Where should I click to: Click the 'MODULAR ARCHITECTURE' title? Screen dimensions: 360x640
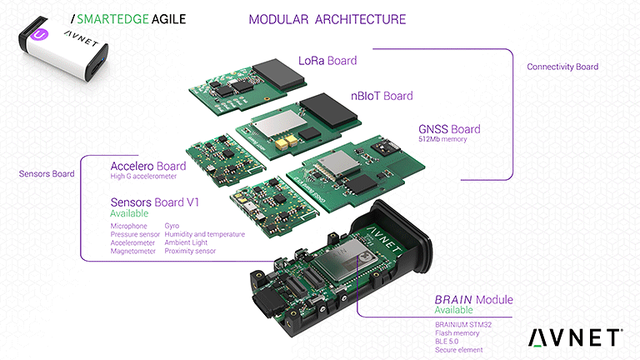pos(327,18)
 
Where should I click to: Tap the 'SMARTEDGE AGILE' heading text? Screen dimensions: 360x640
pos(133,17)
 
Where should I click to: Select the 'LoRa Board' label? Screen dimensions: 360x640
pos(327,61)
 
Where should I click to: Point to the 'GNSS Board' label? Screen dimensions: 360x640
pos(449,129)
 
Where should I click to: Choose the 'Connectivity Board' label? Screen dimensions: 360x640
pos(562,67)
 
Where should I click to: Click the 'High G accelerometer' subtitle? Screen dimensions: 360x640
pos(149,176)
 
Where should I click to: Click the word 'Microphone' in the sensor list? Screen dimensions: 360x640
pos(128,226)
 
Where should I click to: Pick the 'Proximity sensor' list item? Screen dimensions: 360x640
pos(190,251)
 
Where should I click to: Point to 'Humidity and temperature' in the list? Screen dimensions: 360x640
pos(205,234)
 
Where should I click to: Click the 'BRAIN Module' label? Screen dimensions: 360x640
pos(473,300)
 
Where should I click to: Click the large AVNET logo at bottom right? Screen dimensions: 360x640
pos(574,337)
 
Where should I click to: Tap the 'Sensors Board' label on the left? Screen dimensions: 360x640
pos(46,174)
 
